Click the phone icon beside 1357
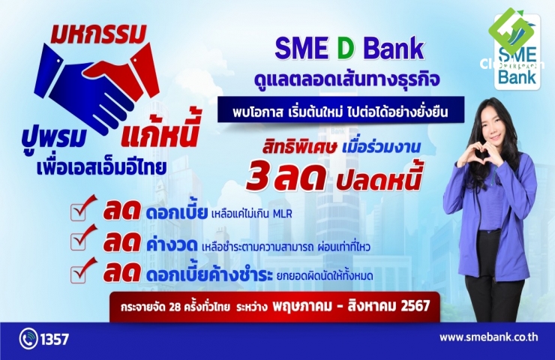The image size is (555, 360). (x=28, y=339)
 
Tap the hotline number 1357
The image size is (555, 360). (x=55, y=340)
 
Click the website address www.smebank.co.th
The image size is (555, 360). (x=489, y=337)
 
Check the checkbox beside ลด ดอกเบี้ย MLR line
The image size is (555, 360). (x=79, y=212)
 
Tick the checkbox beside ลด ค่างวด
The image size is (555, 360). (x=79, y=242)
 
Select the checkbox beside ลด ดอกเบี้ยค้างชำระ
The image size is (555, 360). (x=79, y=274)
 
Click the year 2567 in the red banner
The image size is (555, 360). (x=415, y=306)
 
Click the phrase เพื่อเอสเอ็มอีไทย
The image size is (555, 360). (x=101, y=167)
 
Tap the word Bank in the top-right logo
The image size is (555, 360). (x=517, y=76)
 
